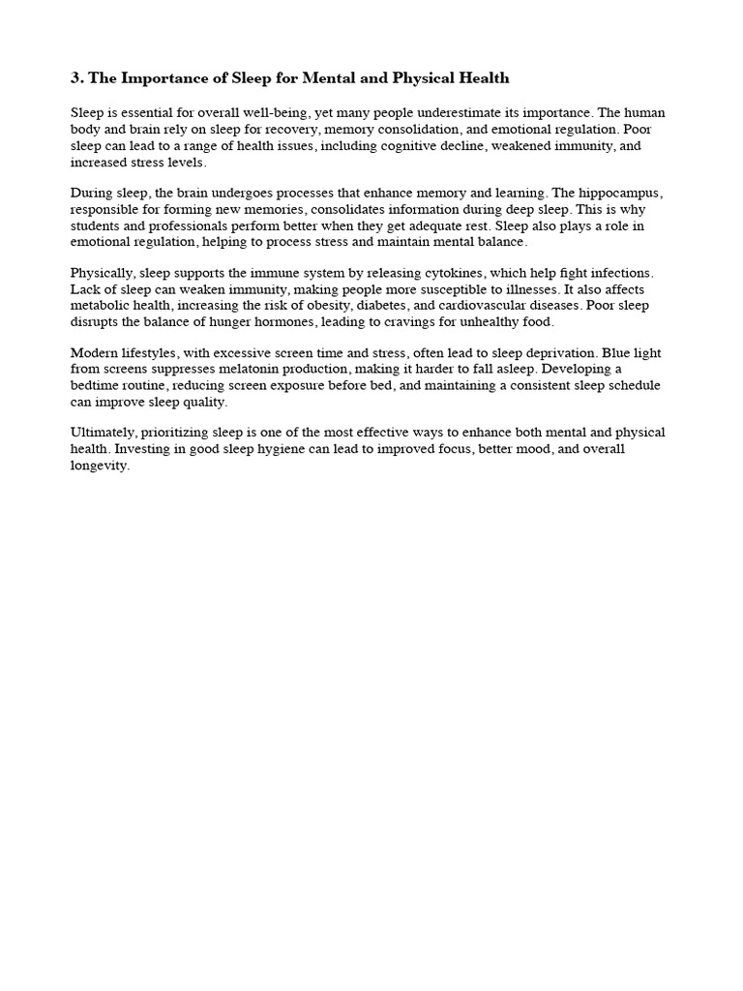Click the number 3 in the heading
74,77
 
